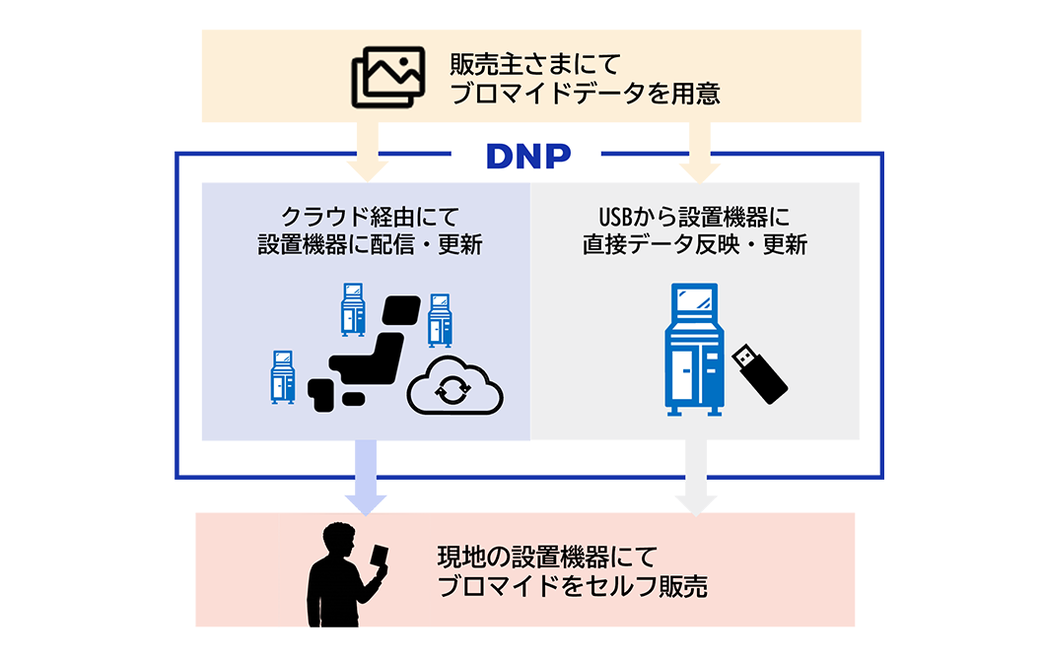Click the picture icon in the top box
387,77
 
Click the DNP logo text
527,155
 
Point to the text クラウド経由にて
365,215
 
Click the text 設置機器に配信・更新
365,244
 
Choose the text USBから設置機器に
694,215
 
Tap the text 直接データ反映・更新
694,244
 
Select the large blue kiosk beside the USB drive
694,350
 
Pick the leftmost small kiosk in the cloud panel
283,376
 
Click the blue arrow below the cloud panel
366,478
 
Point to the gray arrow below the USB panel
696,478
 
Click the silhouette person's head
338,541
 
